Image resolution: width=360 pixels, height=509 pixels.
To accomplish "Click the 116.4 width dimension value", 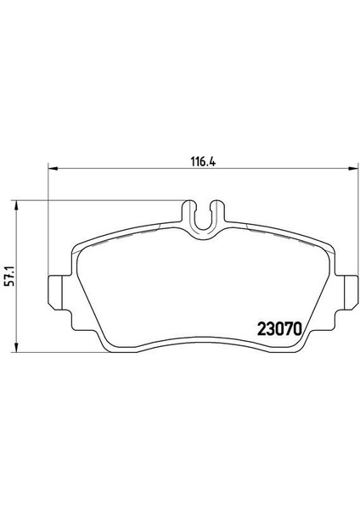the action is (x=203, y=161).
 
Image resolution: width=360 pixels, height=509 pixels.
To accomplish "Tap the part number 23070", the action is (x=279, y=329).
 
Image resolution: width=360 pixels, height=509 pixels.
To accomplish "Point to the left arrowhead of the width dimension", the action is (x=53, y=168).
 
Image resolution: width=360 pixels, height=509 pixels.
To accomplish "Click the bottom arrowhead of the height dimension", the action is (x=15, y=347).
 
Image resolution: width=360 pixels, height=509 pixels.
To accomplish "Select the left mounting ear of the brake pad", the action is (x=55, y=293).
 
